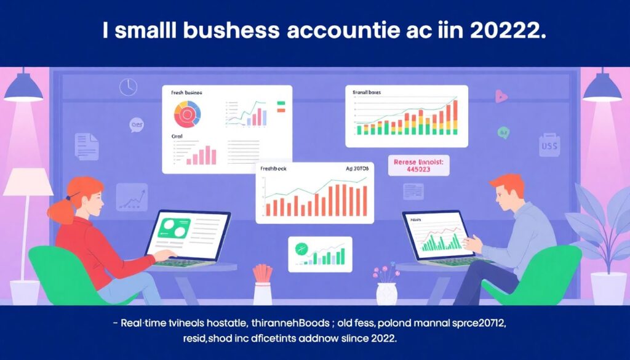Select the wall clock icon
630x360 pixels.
[128, 87]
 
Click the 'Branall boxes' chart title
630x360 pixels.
[367, 92]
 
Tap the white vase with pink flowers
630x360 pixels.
[386, 293]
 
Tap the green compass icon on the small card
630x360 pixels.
[301, 249]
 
